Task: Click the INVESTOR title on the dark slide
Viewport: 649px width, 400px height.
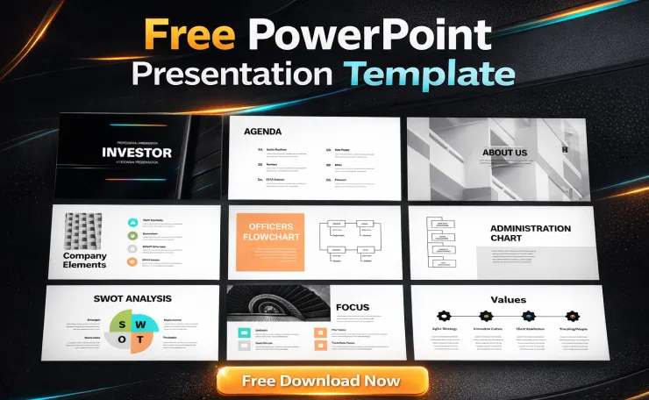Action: click(x=137, y=153)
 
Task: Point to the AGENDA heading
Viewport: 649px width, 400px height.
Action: click(x=263, y=132)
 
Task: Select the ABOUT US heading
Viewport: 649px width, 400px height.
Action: click(x=504, y=153)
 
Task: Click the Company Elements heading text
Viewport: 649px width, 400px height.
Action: click(x=85, y=261)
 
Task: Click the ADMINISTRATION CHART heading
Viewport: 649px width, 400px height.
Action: click(x=530, y=233)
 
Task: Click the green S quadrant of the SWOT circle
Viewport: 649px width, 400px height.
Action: click(x=121, y=324)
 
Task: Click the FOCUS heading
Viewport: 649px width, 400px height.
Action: click(x=353, y=307)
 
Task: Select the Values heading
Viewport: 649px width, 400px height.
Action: click(x=509, y=299)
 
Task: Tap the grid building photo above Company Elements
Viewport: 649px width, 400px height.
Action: click(x=85, y=230)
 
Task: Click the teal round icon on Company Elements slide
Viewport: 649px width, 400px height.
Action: click(x=132, y=223)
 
